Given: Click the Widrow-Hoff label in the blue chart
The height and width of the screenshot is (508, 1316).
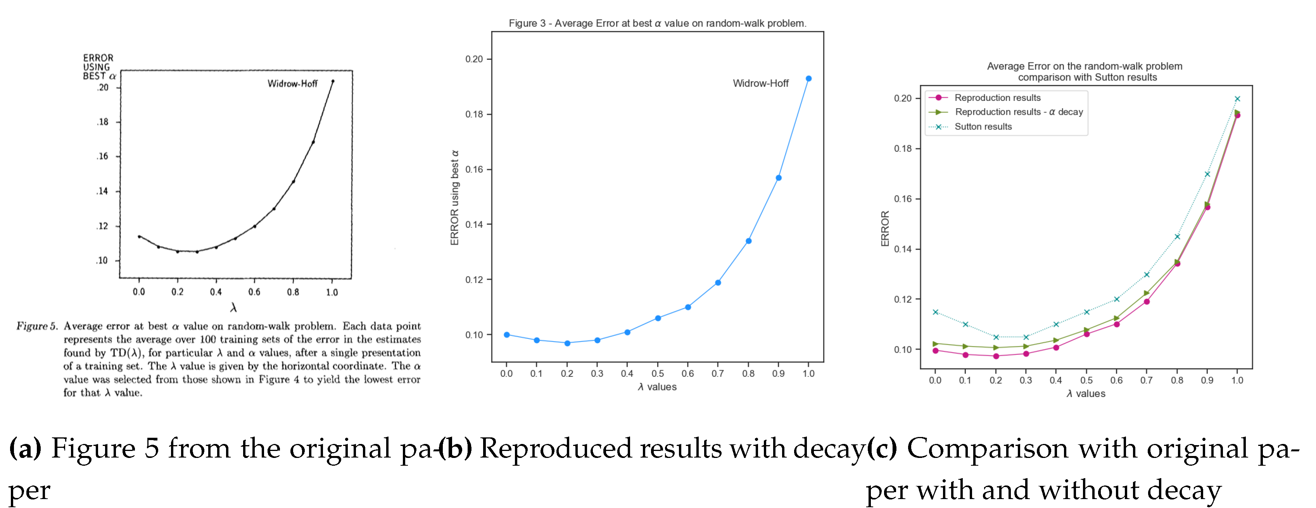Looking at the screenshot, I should (x=760, y=83).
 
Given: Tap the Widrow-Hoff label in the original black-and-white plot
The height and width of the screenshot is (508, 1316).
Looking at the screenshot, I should (x=292, y=83).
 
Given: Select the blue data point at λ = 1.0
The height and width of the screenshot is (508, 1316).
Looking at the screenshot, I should (x=808, y=79).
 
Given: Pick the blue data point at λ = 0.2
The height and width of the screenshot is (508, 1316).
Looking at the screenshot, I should (x=567, y=343).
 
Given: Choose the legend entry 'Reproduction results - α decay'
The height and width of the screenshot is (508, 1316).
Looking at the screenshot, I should (x=1018, y=112).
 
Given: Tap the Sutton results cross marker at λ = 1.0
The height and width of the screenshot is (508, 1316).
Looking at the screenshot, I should (x=1237, y=99).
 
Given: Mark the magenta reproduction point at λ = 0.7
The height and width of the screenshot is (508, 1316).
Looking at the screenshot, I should (x=1147, y=302).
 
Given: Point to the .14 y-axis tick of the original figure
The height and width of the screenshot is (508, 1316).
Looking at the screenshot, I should (x=103, y=191).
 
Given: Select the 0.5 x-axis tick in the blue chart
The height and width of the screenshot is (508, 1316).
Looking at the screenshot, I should (x=658, y=374).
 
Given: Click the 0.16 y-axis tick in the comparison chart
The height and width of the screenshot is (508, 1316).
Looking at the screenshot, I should (x=902, y=199).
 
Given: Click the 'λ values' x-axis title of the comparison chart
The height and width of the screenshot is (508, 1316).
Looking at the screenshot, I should (x=1086, y=394).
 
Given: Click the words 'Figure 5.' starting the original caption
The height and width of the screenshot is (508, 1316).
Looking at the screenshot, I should (x=37, y=326).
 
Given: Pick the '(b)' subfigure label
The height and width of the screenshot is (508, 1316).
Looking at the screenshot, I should (x=455, y=448).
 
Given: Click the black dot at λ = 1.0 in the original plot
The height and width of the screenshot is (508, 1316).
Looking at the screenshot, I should (x=333, y=81).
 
